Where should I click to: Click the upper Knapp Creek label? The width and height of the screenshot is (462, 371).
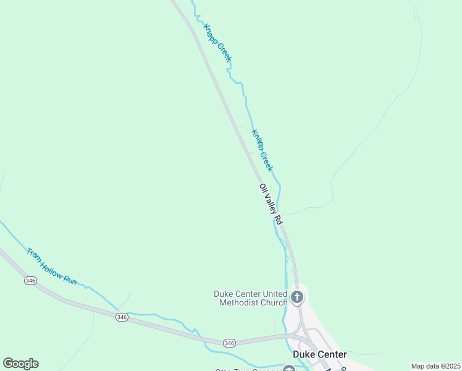tap(217, 43)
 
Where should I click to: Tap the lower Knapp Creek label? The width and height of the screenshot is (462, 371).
tap(262, 150)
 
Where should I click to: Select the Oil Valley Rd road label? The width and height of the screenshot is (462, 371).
tap(271, 203)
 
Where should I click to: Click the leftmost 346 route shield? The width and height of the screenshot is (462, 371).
tap(30, 281)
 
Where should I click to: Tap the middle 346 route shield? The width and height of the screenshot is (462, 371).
tap(122, 317)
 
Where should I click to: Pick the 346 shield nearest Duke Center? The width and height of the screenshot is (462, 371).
tap(229, 343)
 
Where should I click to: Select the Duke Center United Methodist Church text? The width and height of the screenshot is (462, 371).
tap(250, 298)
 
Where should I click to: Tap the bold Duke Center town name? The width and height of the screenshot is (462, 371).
tap(320, 354)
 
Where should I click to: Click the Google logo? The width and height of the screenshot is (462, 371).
tap(20, 364)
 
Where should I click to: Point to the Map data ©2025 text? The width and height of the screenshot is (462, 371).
tap(435, 366)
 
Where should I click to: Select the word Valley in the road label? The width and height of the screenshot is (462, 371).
tap(271, 205)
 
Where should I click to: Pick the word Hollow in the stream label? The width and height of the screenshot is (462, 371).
tap(52, 267)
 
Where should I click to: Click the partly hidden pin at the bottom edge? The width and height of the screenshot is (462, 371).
tap(288, 369)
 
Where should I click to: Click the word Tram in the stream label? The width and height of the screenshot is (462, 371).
tap(33, 254)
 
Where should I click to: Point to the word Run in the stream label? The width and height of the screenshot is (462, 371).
tap(70, 279)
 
